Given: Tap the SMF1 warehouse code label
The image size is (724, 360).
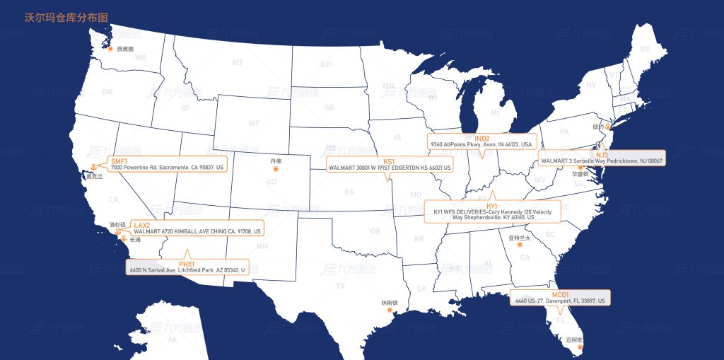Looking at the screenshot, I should (119, 161).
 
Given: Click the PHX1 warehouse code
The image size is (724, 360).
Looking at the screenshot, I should (187, 264).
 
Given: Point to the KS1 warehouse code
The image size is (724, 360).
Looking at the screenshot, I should (389, 161).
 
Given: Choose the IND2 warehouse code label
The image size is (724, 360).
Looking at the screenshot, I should (482, 138).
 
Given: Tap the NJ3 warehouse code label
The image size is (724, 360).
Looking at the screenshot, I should (602, 154).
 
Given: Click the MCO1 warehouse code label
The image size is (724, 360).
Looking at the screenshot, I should (560, 294).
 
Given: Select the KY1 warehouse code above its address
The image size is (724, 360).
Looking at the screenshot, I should (492, 205).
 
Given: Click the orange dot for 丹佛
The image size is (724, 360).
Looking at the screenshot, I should (276, 168).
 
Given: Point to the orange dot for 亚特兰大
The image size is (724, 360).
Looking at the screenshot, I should (520, 245).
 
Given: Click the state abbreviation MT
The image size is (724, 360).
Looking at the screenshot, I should (238, 63).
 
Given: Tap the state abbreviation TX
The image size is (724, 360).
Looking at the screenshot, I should (341, 286).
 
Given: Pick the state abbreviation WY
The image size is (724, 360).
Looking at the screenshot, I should (254, 122).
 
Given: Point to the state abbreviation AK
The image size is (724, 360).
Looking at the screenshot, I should (173, 340).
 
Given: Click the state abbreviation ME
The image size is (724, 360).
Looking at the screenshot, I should (644, 49).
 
